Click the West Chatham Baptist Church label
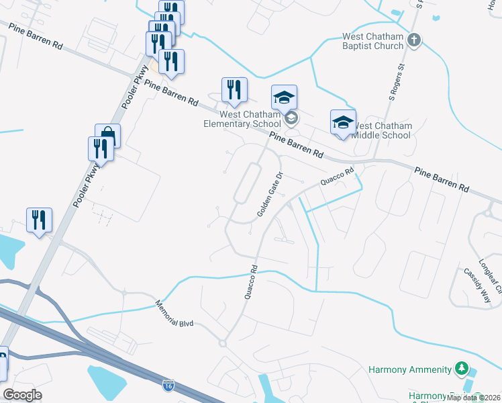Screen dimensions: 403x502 point(373,42)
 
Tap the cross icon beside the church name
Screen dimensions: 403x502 point(414,40)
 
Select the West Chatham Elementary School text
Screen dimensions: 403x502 point(243,119)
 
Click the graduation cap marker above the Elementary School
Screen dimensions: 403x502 point(284,98)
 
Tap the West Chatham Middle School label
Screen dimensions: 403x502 point(381,130)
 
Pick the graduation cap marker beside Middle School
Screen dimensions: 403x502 point(343,122)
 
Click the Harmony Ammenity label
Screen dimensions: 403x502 point(410,369)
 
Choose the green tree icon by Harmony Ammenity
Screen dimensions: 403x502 point(461,368)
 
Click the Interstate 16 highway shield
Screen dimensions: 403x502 point(168,386)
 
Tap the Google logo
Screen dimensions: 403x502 point(23,395)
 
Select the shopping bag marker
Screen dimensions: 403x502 point(107,136)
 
